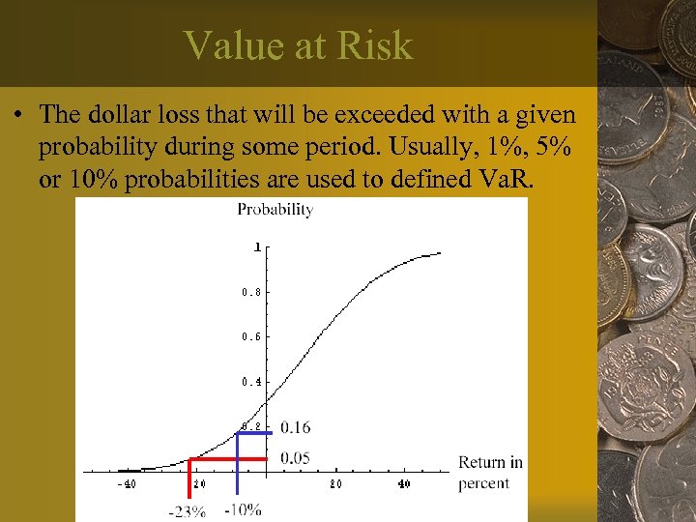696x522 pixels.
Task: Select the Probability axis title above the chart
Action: click(275, 210)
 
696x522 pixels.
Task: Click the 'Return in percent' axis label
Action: click(490, 473)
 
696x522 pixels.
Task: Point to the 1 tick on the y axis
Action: click(257, 247)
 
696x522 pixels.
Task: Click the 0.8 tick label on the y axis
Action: click(250, 292)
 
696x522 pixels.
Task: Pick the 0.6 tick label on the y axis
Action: click(250, 336)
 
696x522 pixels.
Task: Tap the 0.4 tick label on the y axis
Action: click(250, 382)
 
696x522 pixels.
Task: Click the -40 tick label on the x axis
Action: click(127, 484)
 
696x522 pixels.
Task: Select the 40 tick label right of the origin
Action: click(404, 484)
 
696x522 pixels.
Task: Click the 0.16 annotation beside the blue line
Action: click(296, 427)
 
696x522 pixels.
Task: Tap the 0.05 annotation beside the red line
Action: click(296, 458)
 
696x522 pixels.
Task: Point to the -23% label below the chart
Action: click(186, 511)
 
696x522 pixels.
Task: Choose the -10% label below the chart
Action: click(243, 509)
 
